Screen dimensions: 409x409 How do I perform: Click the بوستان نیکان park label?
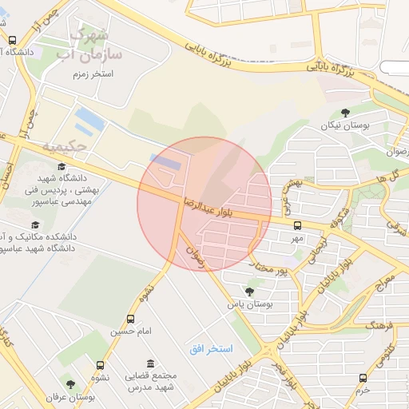346,125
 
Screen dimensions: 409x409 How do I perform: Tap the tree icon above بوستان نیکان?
345,113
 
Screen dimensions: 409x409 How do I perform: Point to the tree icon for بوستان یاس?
249,292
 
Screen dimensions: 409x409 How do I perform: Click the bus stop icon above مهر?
297,225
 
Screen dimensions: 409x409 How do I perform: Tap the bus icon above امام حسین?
131,318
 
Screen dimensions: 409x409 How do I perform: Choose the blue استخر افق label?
211,349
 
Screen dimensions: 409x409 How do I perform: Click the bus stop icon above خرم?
363,378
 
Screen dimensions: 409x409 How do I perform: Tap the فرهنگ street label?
376,326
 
